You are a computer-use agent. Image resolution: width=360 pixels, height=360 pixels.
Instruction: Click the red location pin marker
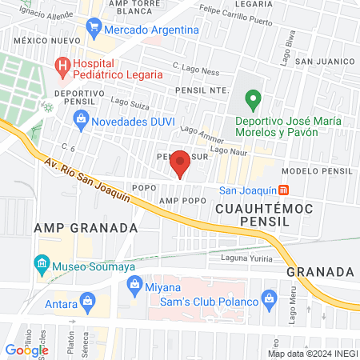pyautogui.click(x=180, y=162)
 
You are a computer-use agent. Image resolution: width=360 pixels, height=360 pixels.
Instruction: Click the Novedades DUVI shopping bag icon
pyautogui.click(x=80, y=122)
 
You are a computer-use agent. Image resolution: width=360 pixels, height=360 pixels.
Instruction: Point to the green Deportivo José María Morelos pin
pyautogui.click(x=254, y=101)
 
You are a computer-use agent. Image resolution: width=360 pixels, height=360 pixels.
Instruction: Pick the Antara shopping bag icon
pyautogui.click(x=85, y=303)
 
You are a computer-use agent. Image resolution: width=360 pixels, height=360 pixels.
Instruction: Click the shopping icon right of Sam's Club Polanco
pyautogui.click(x=270, y=301)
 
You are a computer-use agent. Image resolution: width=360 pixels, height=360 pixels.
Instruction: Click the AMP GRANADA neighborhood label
pyautogui.click(x=86, y=227)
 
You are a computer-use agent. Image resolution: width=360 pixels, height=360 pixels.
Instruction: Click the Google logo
pyautogui.click(x=26, y=350)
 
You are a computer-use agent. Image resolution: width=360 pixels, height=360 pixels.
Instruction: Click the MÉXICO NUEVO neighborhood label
pyautogui.click(x=44, y=39)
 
